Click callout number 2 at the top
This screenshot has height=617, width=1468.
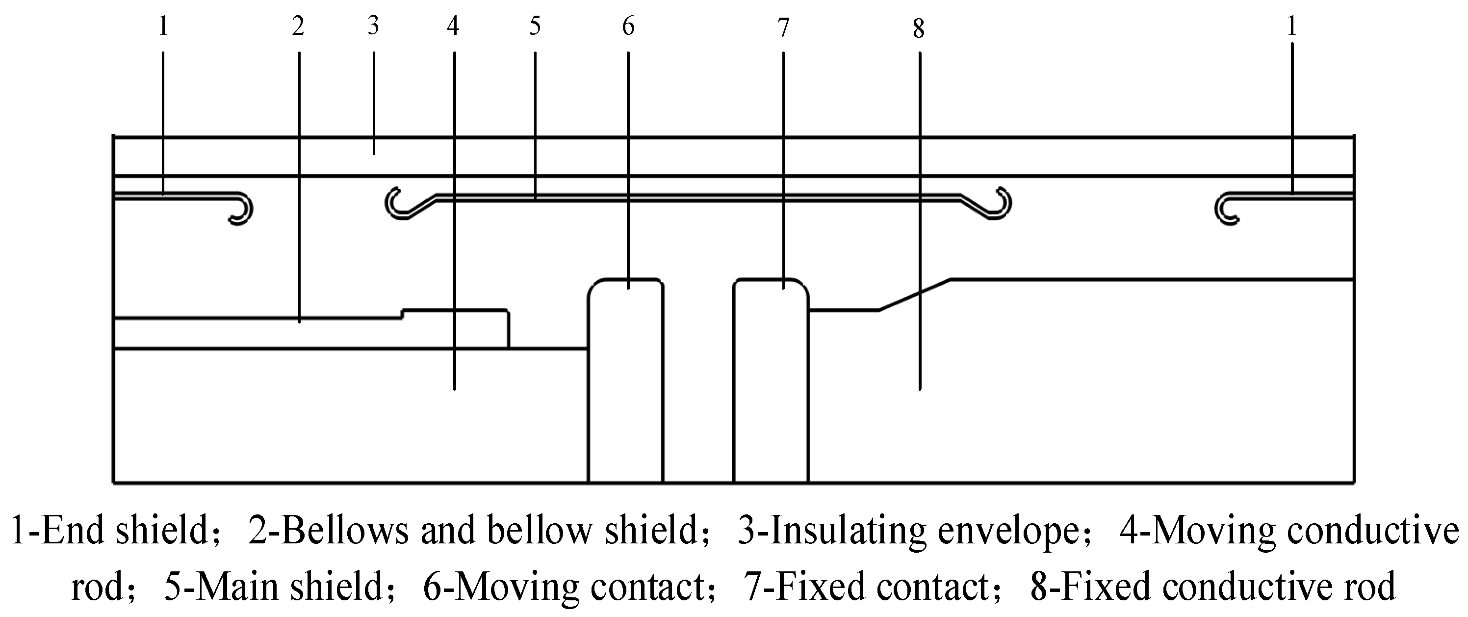click(298, 26)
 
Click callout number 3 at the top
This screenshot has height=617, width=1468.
click(373, 25)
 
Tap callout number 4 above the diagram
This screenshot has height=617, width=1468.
click(453, 26)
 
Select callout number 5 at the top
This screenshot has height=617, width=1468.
click(535, 26)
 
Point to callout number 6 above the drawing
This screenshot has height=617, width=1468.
click(628, 26)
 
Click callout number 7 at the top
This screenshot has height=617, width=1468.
click(784, 27)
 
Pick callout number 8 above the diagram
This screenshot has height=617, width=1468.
click(918, 28)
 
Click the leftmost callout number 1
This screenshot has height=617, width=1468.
click(163, 26)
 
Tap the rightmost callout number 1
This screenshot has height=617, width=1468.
click(1292, 26)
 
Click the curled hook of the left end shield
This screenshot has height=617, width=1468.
click(243, 210)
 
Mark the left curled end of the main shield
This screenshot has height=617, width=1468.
click(395, 204)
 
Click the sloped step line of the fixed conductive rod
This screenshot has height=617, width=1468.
click(915, 295)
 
